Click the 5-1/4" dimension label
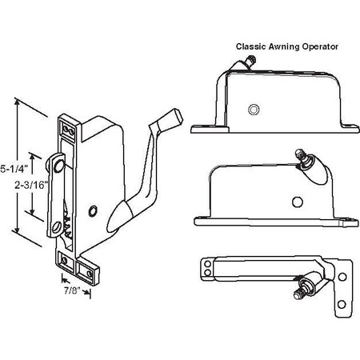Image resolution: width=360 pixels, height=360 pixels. click(14, 169)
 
